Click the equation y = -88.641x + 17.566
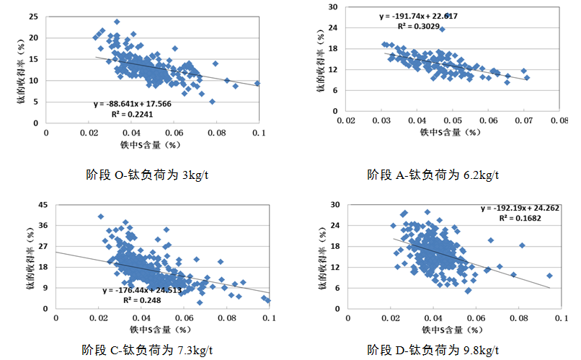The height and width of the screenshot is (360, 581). (x=133, y=103)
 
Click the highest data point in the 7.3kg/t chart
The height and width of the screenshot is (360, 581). (x=101, y=216)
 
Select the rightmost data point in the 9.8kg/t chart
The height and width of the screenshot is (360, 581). (x=549, y=276)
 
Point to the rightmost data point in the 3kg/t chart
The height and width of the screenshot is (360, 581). (x=257, y=83)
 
